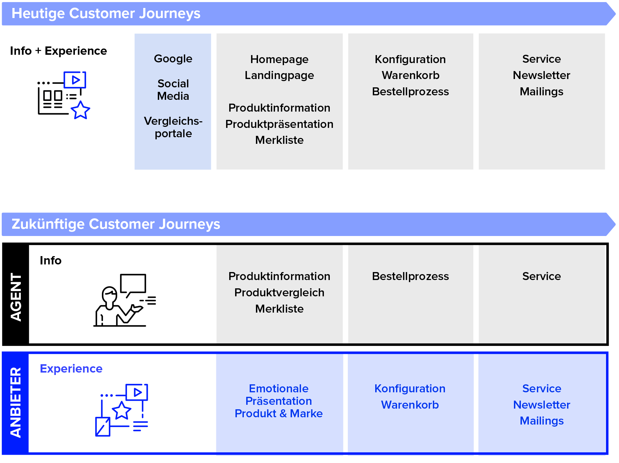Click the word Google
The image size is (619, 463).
[173, 59]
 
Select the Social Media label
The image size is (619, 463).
[173, 90]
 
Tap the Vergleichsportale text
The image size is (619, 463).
[173, 127]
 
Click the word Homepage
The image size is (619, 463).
[279, 60]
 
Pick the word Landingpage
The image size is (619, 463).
[279, 76]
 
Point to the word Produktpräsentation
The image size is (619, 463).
[279, 124]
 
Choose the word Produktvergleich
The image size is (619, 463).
[279, 292]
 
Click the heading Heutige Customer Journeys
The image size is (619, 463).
[106, 14]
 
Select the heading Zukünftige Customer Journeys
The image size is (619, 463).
[116, 224]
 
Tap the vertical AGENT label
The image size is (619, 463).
[16, 297]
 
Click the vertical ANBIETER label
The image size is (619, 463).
[16, 402]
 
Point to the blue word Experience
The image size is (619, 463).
[71, 369]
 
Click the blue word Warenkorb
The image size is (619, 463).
[410, 405]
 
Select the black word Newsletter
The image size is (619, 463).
[541, 75]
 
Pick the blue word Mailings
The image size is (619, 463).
[542, 421]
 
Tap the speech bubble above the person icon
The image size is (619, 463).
[133, 284]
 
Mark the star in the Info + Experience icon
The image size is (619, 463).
[80, 111]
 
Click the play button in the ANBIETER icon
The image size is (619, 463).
[137, 392]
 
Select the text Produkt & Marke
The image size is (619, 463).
[278, 413]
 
